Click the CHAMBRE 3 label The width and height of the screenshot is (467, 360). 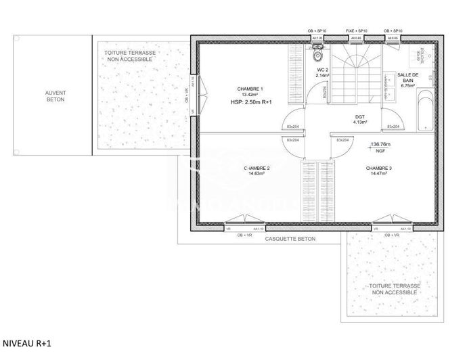click(x=379, y=168)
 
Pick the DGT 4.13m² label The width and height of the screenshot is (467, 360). click(x=360, y=119)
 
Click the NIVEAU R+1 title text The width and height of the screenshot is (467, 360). click(x=25, y=343)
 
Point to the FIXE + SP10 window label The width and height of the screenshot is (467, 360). click(x=356, y=31)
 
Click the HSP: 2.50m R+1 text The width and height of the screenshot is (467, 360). click(x=251, y=102)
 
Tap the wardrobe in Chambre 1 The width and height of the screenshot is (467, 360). click(x=295, y=74)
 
